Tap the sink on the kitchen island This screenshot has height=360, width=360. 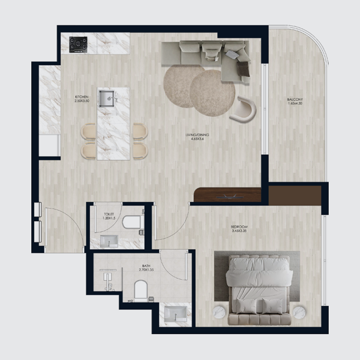point(107,97)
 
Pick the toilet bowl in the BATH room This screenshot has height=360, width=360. point(141,290)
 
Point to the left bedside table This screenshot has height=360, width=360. point(220,312)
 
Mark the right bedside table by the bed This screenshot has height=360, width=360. point(299,312)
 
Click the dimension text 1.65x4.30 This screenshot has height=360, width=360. point(295,104)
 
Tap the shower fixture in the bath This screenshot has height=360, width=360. point(108,277)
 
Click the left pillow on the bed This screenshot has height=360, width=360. point(247,306)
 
